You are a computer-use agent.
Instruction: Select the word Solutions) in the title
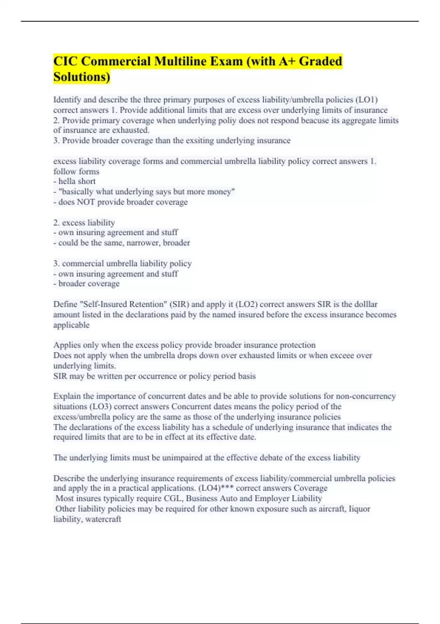click(82, 77)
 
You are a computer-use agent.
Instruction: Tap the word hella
click(67, 181)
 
